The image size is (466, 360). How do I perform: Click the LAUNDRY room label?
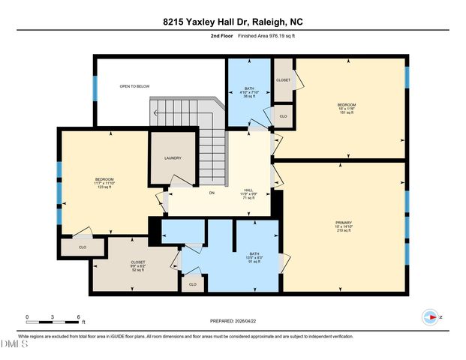point(173,158)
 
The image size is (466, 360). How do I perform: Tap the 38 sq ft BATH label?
point(249,91)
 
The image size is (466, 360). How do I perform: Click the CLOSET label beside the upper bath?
point(283,79)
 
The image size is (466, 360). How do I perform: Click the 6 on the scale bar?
point(77,317)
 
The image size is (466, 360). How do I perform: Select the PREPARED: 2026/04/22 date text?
point(233,321)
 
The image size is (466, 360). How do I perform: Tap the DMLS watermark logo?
point(13,344)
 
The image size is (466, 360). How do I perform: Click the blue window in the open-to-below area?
point(95,88)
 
